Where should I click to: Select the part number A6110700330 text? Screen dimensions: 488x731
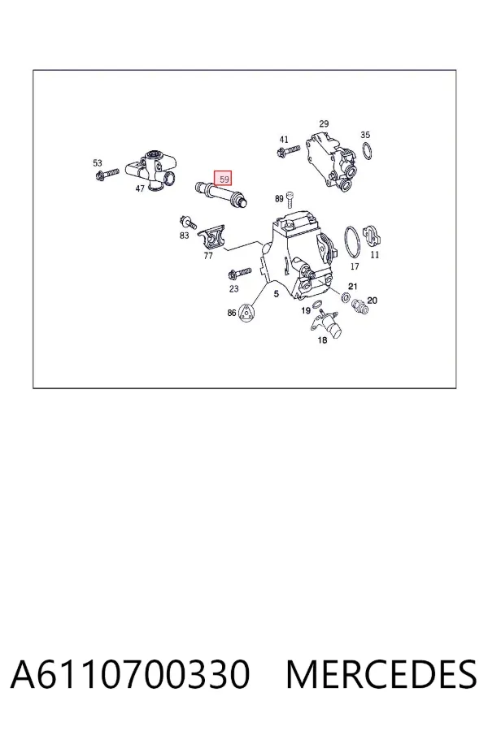coord(130,674)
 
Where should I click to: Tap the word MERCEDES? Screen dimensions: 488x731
coord(381,674)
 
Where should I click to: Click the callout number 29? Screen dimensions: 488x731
coord(324,123)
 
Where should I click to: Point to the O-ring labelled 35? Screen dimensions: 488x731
coord(368,151)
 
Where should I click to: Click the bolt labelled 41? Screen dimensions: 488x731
coord(288,151)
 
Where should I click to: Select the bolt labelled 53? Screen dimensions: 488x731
coord(107,175)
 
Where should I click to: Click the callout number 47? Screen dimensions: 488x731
coord(140,188)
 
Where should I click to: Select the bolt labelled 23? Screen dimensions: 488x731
coord(239,273)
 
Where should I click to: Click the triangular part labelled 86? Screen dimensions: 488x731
coord(246,313)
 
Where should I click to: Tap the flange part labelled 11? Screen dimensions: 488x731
coord(373,236)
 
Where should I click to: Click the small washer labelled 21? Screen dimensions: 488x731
coord(346,296)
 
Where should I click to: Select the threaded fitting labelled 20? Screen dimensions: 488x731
coord(359,305)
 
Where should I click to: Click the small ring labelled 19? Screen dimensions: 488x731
coord(317,305)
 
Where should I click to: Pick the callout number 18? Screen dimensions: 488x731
coord(322,340)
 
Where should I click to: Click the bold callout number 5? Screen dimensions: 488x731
coord(277,294)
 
